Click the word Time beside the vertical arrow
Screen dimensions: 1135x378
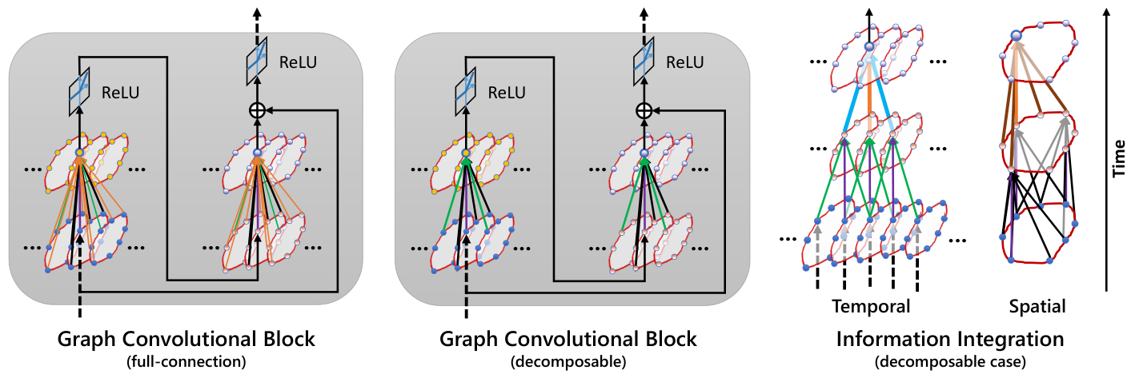pos(1118,158)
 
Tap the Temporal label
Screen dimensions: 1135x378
pos(871,306)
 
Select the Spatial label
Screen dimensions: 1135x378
pos(1037,307)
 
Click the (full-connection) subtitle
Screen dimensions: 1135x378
pos(186,362)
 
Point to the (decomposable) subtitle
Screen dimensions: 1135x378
pos(568,362)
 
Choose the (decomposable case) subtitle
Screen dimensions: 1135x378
pos(950,362)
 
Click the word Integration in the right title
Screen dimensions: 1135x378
pos(1009,339)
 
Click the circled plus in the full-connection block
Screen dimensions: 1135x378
pos(258,109)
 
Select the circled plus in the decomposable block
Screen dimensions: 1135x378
pos(644,109)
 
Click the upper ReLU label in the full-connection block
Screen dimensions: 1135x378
pos(298,62)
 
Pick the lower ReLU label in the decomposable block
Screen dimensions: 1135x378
pos(507,93)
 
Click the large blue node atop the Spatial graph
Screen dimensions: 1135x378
pos(1016,35)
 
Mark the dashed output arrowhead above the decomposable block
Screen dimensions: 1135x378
pos(644,12)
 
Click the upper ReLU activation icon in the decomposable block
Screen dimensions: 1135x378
pos(644,61)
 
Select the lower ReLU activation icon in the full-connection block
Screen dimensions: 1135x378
pos(79,91)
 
